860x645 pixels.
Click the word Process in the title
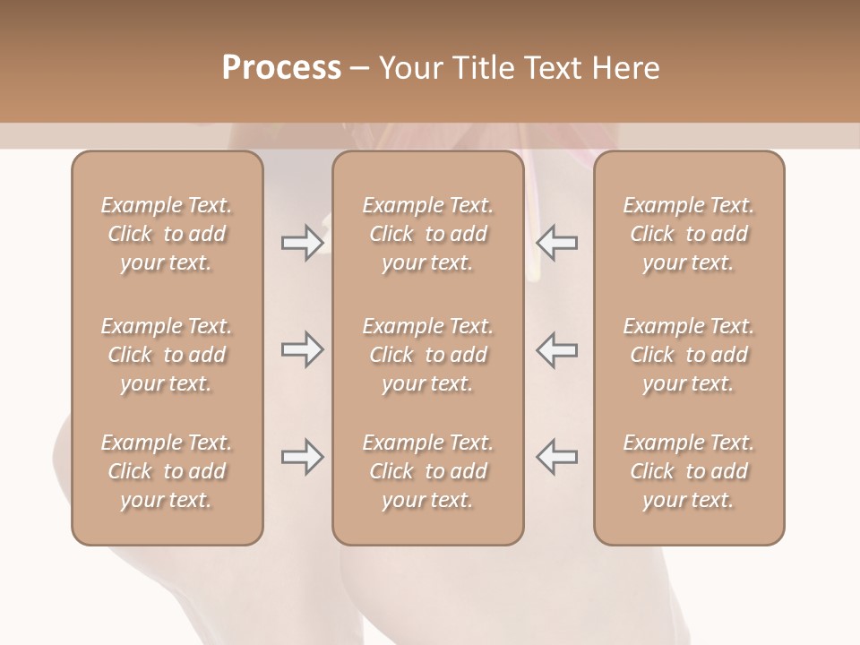tap(281, 67)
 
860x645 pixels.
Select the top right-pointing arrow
tap(302, 242)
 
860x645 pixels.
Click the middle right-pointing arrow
tap(302, 349)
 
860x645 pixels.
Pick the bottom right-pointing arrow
tap(302, 457)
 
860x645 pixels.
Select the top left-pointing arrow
tap(556, 242)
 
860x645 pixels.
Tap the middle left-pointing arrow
tap(556, 349)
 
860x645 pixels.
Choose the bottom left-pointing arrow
tap(556, 457)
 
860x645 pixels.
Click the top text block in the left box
tap(167, 234)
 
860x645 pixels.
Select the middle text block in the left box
tap(167, 355)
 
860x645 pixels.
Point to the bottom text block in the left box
tap(167, 471)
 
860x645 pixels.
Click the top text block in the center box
tap(427, 234)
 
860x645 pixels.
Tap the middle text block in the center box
tap(427, 355)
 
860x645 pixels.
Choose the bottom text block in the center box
tap(427, 471)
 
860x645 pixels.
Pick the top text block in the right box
tap(688, 234)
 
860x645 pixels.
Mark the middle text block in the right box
tap(688, 355)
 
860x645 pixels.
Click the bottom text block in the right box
tap(688, 471)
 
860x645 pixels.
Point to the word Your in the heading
tap(408, 67)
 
